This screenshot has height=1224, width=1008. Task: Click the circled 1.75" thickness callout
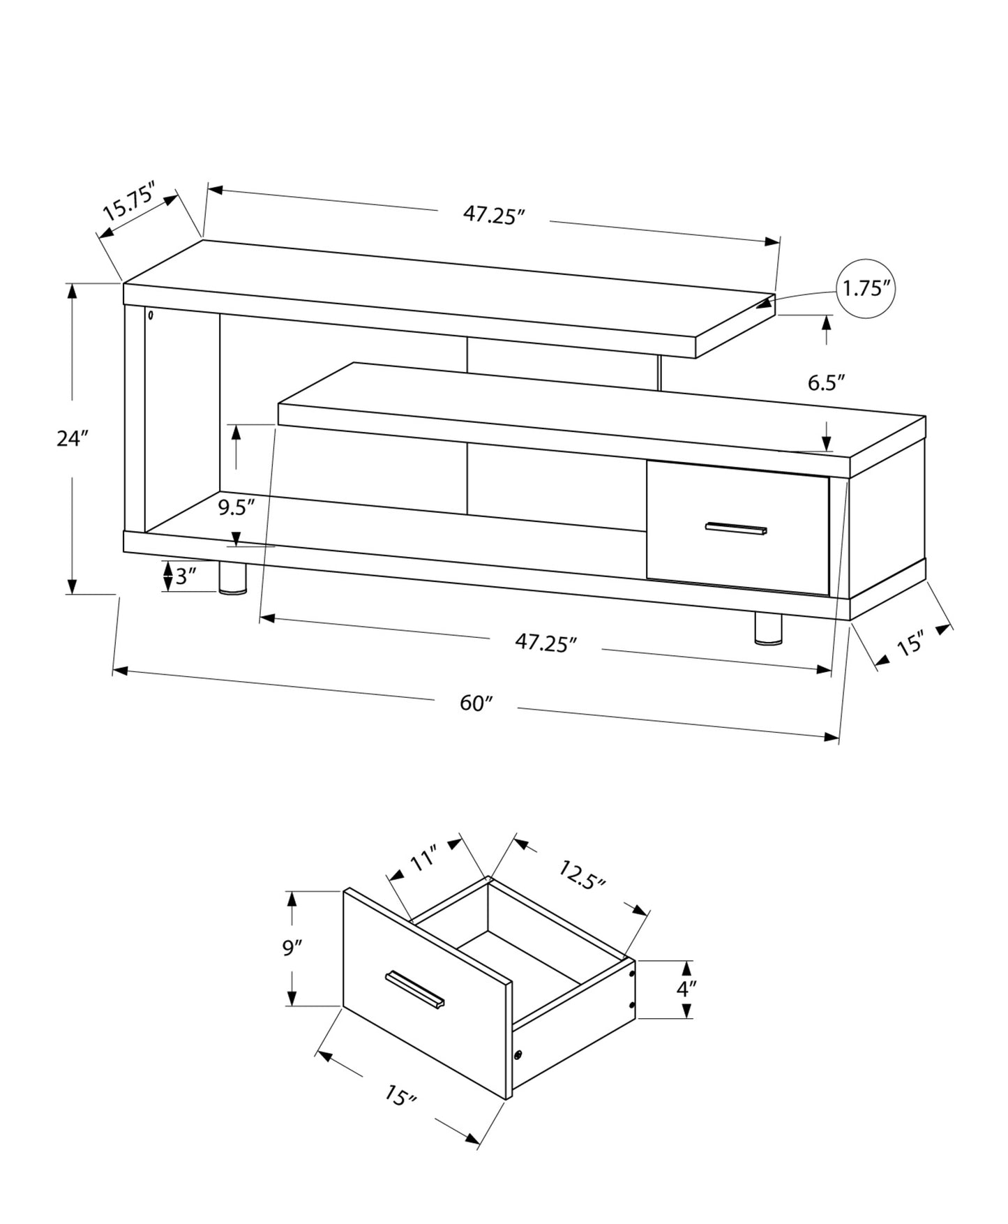tap(864, 289)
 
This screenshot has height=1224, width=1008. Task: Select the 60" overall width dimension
tap(476, 703)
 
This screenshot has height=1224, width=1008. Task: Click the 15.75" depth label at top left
tap(128, 201)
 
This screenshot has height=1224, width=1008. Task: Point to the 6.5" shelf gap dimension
tap(826, 382)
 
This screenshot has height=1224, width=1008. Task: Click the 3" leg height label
tap(186, 576)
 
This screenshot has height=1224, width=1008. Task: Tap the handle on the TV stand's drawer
tap(735, 528)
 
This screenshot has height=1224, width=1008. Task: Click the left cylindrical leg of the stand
tap(232, 579)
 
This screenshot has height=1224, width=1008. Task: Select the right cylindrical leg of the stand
tap(769, 628)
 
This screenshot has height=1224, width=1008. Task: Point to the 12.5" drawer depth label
tap(581, 874)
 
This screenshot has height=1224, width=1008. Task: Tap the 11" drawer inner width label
tap(423, 858)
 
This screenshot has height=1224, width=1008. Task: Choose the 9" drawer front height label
tap(292, 949)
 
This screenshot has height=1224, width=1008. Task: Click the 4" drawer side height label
tap(686, 989)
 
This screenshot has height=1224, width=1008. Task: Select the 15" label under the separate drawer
tap(400, 1096)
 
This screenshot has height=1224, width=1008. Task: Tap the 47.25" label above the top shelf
tap(494, 214)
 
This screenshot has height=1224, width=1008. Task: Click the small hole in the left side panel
tap(151, 315)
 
